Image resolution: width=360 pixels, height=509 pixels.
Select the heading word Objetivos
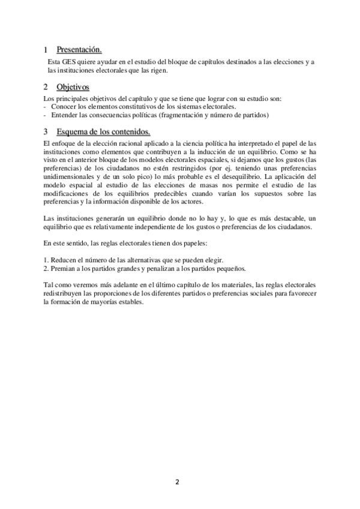click(x=73, y=87)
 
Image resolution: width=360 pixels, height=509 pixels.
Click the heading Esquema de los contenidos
click(x=103, y=131)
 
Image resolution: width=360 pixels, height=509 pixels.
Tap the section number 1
click(x=46, y=50)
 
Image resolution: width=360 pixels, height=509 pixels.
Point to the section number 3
click(x=46, y=131)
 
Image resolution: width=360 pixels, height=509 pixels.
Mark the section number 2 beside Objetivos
click(x=46, y=88)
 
